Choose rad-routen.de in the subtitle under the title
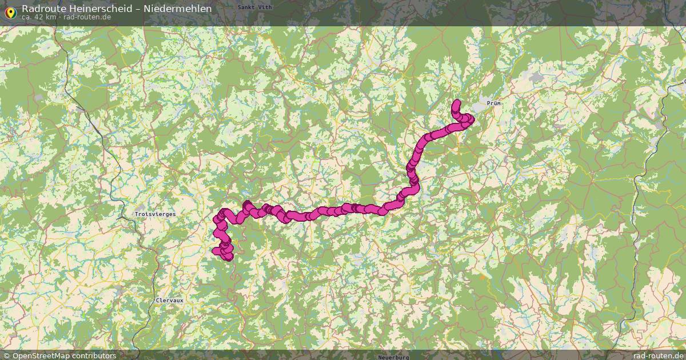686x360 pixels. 87,17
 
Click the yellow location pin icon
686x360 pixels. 10,11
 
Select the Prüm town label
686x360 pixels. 493,103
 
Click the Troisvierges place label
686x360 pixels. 155,214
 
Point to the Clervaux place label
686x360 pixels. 170,300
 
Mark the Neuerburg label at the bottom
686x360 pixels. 393,357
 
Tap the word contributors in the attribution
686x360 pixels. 94,355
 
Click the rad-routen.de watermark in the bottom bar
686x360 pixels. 658,355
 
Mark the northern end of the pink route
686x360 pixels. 457,104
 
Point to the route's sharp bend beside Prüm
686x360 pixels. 471,119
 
